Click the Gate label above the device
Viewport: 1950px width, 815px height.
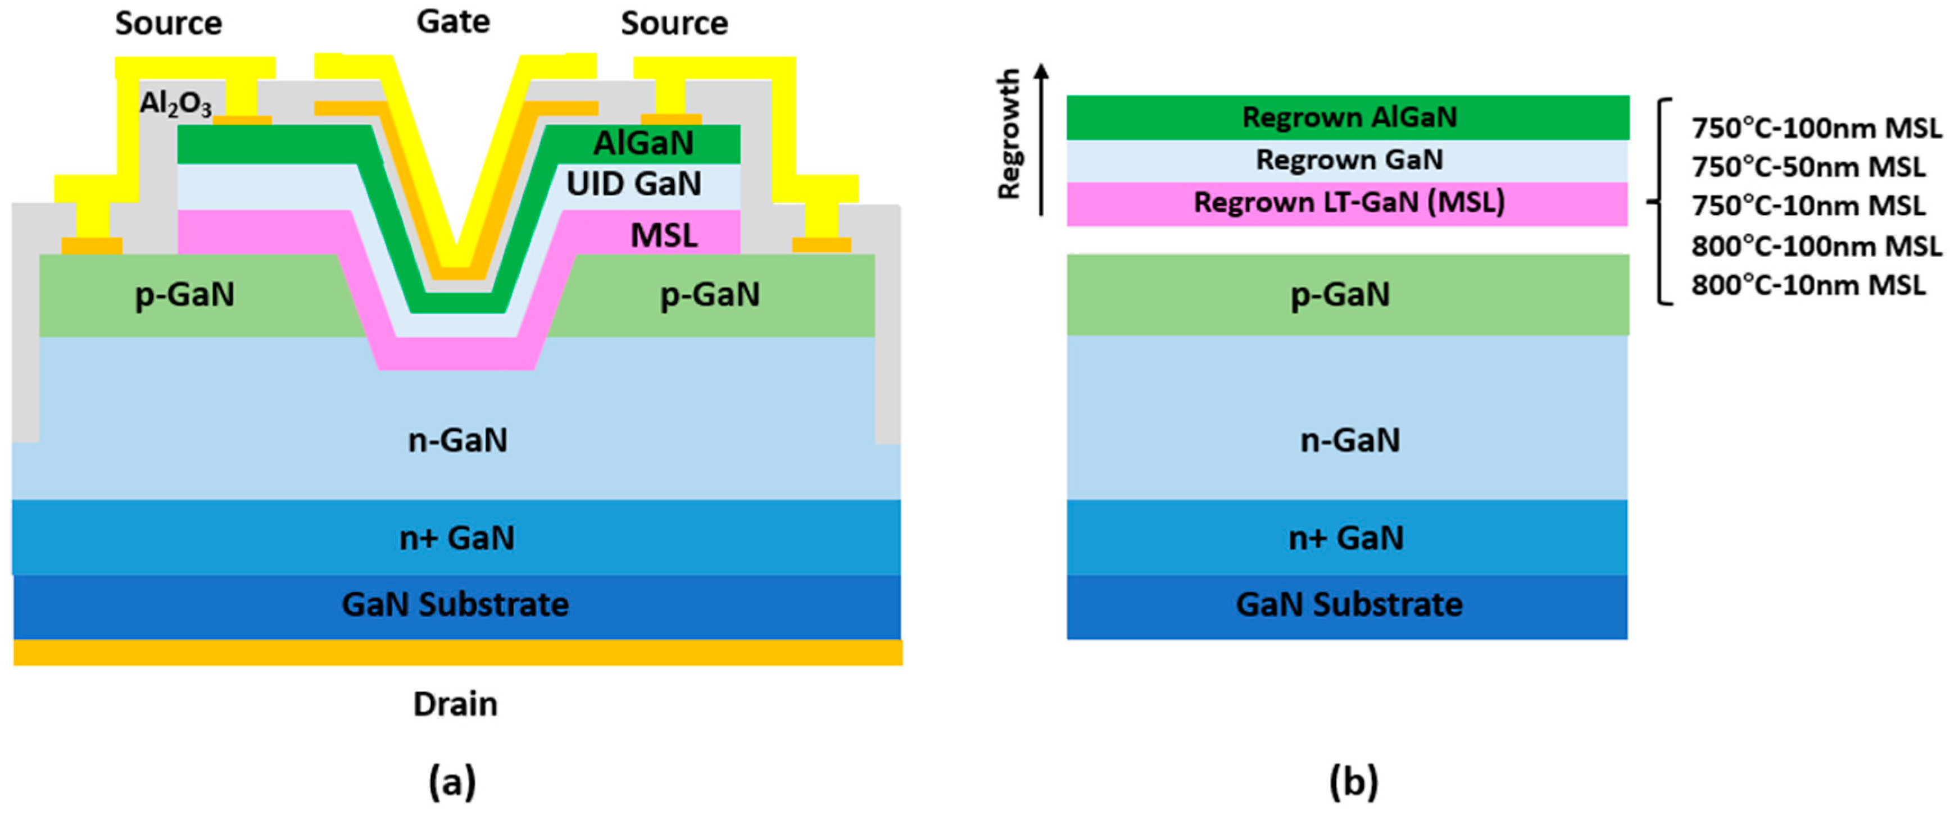coord(453,22)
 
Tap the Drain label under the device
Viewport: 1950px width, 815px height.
coord(455,704)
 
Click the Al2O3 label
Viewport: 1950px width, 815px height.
coord(176,104)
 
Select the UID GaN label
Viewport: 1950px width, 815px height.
coord(633,184)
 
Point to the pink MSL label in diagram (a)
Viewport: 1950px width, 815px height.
coord(664,235)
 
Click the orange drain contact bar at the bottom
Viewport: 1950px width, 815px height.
coord(457,652)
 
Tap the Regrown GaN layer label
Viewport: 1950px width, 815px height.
coord(1349,160)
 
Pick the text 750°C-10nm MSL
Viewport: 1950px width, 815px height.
coord(1808,206)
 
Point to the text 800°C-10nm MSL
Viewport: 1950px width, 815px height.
coord(1808,285)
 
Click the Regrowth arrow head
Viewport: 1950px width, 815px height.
coord(1042,70)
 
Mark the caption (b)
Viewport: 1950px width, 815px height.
coord(1354,782)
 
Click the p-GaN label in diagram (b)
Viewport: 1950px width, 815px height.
coord(1340,294)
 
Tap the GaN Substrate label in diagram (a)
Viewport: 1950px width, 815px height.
coord(455,604)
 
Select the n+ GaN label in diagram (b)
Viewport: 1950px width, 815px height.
coord(1346,538)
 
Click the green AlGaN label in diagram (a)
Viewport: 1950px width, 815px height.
coord(643,143)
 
